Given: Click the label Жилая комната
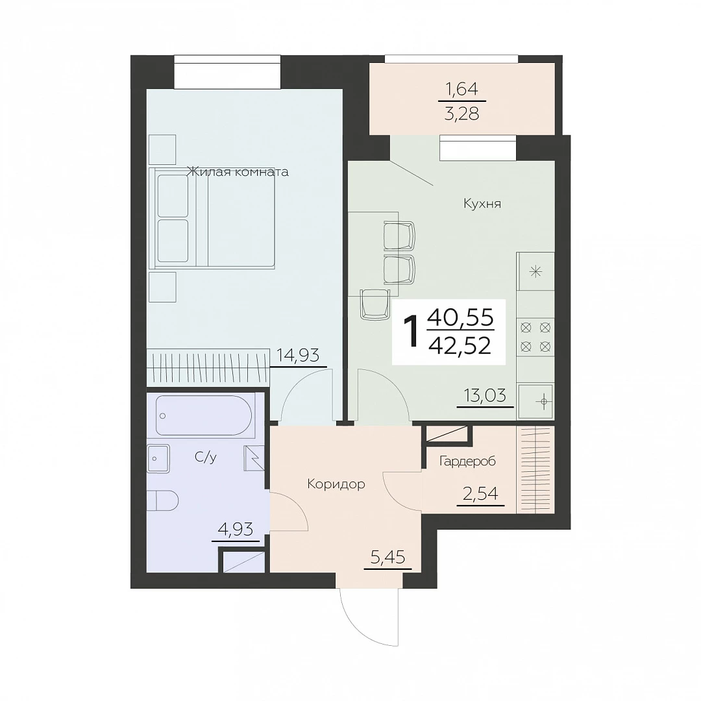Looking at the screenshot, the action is pyautogui.click(x=238, y=171).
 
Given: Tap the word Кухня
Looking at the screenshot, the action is pyautogui.click(x=482, y=204).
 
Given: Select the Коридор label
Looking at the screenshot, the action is pyautogui.click(x=336, y=484).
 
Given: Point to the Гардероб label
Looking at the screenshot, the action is pyautogui.click(x=467, y=461).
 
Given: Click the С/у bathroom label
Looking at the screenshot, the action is pyautogui.click(x=206, y=457).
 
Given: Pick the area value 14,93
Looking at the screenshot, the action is pyautogui.click(x=298, y=356).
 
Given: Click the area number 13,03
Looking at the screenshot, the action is pyautogui.click(x=485, y=395).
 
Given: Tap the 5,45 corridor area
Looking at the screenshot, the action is pyautogui.click(x=388, y=558).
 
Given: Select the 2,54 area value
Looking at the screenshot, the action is pyautogui.click(x=480, y=493).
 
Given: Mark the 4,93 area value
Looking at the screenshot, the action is pyautogui.click(x=235, y=530).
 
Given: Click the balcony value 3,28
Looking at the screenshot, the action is pyautogui.click(x=462, y=114).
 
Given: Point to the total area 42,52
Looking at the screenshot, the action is pyautogui.click(x=460, y=345).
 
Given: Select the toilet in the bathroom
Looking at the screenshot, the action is pyautogui.click(x=163, y=500).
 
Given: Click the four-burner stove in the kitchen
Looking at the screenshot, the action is pyautogui.click(x=535, y=337).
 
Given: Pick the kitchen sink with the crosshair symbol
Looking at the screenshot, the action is pyautogui.click(x=535, y=401).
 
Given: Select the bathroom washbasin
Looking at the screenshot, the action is pyautogui.click(x=158, y=459).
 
